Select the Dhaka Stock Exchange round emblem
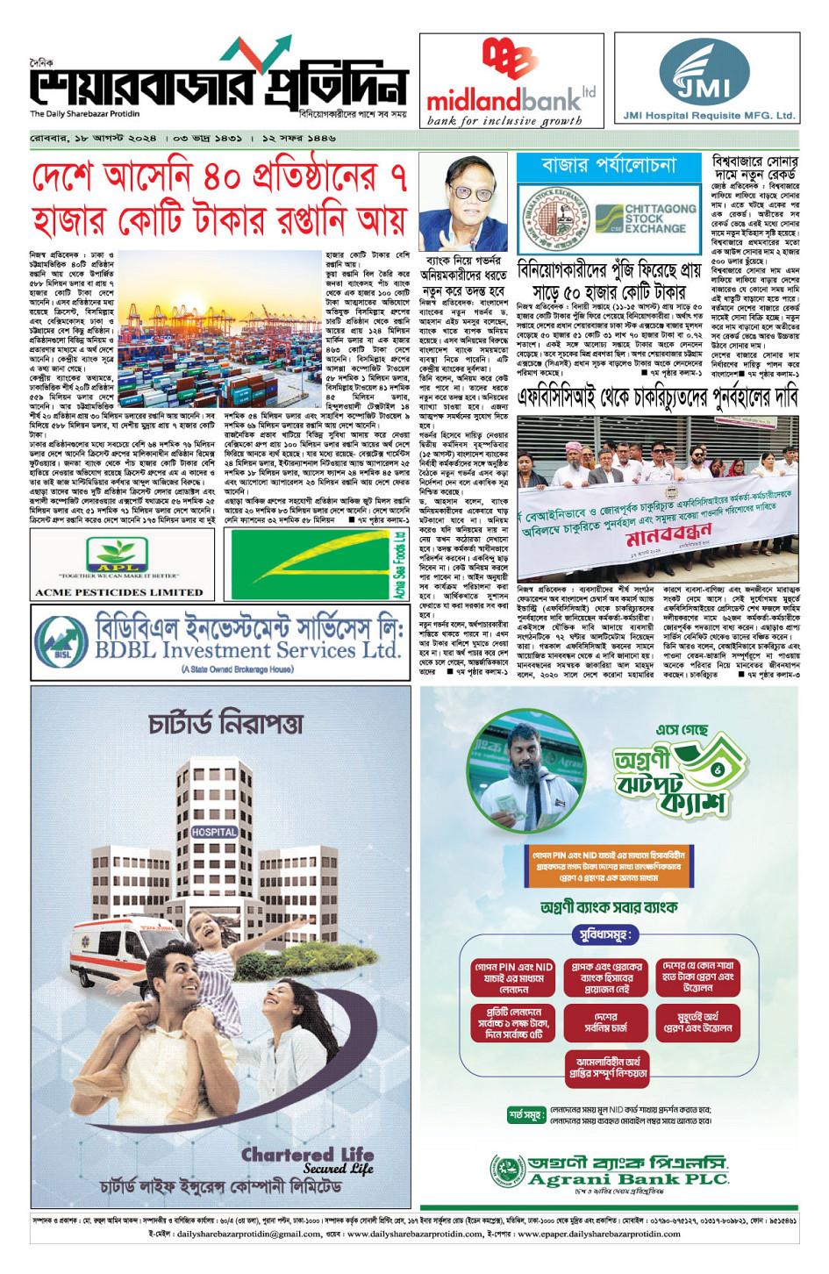[x=554, y=218]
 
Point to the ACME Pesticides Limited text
[x=118, y=592]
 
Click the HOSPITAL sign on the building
[x=214, y=831]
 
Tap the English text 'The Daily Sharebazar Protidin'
[x=85, y=114]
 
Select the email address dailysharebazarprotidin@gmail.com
[x=248, y=1233]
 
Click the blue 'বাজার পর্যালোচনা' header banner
[x=610, y=166]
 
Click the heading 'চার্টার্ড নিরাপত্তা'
[x=225, y=723]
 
